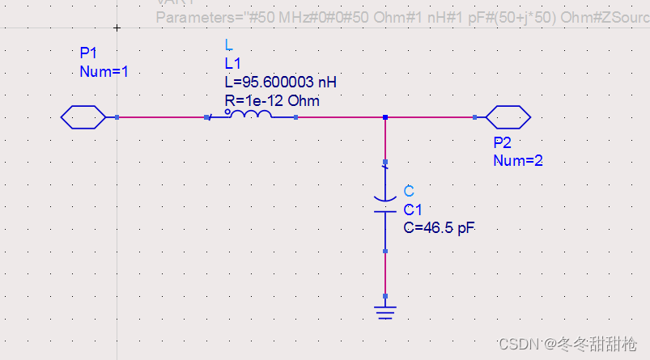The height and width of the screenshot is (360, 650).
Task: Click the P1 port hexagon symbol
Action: [83, 117]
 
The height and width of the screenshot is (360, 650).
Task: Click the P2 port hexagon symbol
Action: [508, 117]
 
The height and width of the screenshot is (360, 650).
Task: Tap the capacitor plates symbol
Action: [385, 203]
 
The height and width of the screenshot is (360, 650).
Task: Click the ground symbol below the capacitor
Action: [385, 311]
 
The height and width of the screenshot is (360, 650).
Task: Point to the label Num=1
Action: [104, 71]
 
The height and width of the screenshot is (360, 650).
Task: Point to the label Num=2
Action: [517, 160]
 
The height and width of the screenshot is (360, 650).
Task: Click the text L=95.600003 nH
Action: [280, 83]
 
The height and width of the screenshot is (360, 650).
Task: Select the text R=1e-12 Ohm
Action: [271, 100]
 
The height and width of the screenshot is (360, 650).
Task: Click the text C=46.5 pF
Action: [439, 228]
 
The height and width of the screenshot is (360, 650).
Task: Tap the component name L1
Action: [232, 63]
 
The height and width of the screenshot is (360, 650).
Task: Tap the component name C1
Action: [412, 210]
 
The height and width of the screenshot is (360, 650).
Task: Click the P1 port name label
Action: [88, 53]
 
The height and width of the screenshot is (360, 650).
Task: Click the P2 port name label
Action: [502, 142]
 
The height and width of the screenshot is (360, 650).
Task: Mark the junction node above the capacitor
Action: [385, 117]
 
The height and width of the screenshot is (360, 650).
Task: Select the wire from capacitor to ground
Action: [385, 271]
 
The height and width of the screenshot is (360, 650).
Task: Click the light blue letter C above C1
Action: [409, 191]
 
